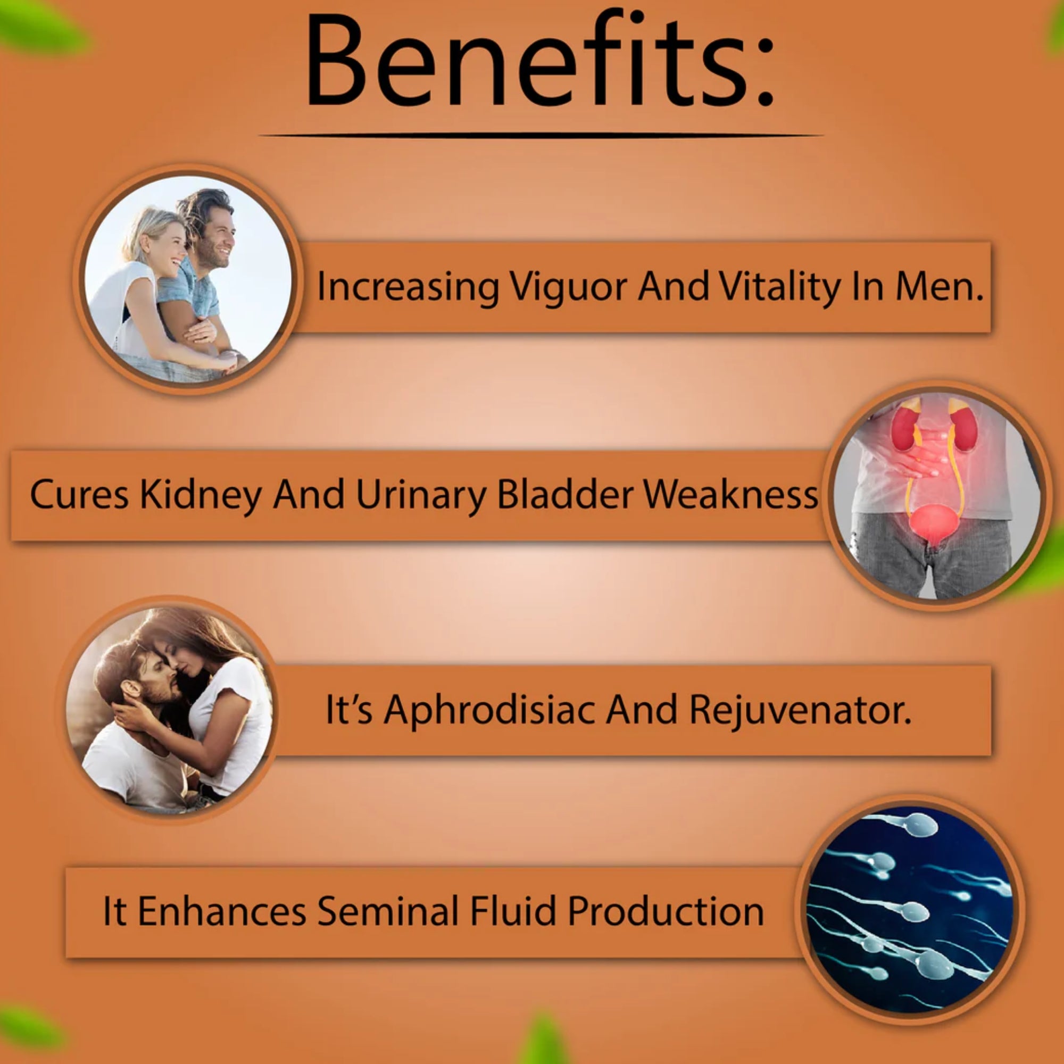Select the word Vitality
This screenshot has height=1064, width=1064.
tap(779, 287)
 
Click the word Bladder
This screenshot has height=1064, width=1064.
tap(565, 494)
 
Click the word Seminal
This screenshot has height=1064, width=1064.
tap(388, 911)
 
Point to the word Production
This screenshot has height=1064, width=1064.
tap(666, 911)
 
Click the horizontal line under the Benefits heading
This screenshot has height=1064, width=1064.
tap(542, 135)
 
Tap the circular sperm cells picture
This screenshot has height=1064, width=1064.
tap(909, 909)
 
